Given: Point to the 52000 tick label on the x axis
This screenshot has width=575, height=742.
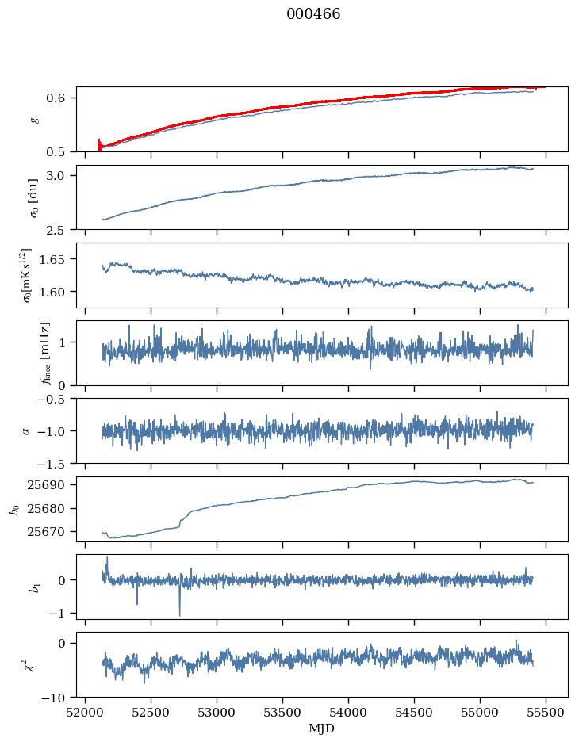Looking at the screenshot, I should [x=86, y=712].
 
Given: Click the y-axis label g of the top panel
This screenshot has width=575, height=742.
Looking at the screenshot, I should [x=34, y=119].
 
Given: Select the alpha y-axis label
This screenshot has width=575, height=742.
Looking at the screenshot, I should [x=26, y=430].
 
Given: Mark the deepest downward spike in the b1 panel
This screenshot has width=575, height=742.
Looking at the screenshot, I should [x=179, y=614].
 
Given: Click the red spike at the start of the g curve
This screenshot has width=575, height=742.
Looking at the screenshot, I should [x=99, y=144].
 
